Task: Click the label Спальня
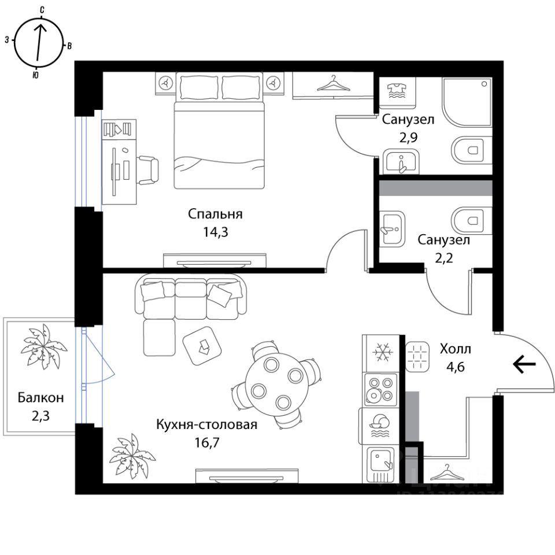click(x=215, y=214)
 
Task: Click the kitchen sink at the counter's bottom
click(x=381, y=462)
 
